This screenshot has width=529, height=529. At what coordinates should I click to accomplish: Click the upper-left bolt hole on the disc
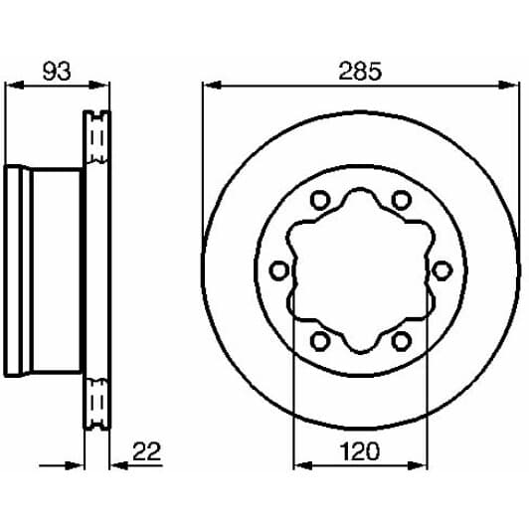[x=319, y=200]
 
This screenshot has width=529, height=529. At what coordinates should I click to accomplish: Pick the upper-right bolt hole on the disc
[x=401, y=200]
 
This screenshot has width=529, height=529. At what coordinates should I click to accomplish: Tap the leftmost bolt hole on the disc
[x=279, y=270]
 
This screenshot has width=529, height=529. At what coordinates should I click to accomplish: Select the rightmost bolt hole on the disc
[x=441, y=270]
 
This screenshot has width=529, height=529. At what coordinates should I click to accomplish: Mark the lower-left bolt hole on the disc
[x=319, y=341]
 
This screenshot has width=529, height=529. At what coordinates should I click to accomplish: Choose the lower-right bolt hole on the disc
[x=401, y=341]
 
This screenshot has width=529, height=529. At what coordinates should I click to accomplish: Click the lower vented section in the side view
[x=96, y=403]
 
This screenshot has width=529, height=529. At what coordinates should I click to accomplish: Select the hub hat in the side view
[x=45, y=268]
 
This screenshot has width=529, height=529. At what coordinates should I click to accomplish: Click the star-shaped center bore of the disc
[x=360, y=270]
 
